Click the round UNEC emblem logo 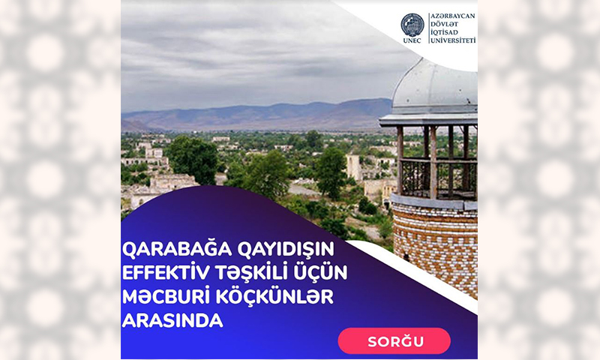tap(412, 25)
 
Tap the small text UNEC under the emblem tap(412, 40)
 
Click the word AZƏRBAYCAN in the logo tap(453, 16)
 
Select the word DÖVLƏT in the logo tap(443, 25)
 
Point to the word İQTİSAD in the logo tap(444, 32)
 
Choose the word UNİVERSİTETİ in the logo tap(454, 40)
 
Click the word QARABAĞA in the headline tap(177, 250)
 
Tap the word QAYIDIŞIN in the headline tap(286, 250)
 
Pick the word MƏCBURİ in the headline tap(164, 298)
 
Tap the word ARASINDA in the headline tap(172, 320)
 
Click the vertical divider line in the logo tap(427, 28)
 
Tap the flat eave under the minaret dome tap(428, 120)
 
